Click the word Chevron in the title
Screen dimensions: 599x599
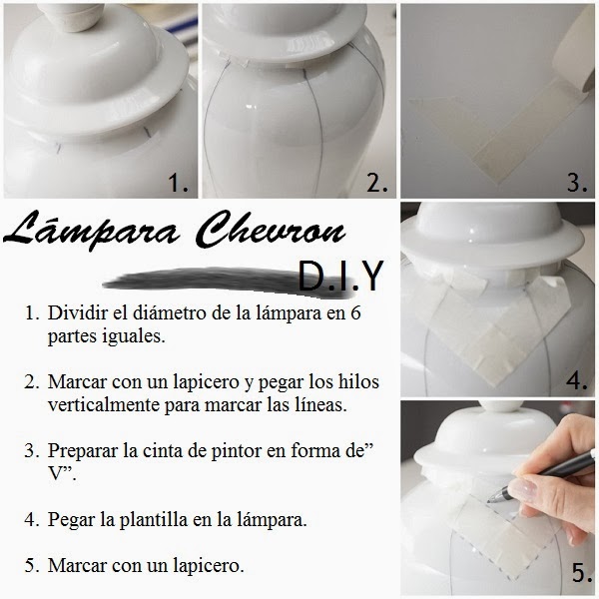273,230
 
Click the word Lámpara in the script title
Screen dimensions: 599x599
91,232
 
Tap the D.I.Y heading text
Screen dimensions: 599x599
340,276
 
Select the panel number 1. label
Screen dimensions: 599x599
179,183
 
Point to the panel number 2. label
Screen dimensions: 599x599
377,183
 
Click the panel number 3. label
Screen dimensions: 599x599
577,183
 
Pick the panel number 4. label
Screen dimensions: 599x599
577,380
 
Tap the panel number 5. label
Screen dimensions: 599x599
582,573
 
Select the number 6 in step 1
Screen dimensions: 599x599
355,312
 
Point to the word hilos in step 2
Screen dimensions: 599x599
358,381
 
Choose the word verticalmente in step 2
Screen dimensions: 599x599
104,404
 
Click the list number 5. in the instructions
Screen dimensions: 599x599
32,566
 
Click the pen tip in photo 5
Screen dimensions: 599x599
490,501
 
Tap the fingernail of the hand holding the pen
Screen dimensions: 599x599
523,491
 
